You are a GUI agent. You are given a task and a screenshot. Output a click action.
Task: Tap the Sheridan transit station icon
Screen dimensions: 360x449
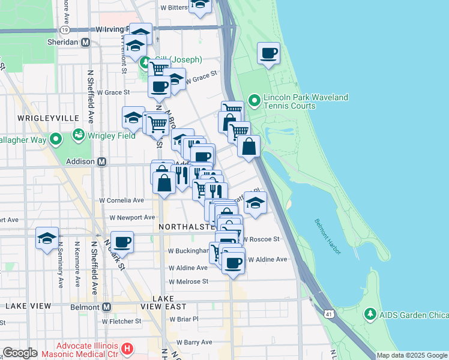click(85, 43)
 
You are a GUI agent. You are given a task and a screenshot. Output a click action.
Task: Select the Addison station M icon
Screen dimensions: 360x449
click(102, 161)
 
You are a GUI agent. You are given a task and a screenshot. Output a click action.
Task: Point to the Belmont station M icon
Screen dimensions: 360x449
click(107, 307)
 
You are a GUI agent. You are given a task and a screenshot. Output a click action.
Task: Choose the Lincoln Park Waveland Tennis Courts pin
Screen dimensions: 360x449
click(253, 100)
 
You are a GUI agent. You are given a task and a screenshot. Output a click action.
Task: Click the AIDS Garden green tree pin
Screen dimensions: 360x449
click(370, 314)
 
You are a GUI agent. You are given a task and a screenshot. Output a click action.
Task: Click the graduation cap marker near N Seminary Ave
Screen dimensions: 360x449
click(47, 238)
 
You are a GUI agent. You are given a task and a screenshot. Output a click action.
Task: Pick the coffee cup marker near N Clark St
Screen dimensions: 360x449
click(122, 242)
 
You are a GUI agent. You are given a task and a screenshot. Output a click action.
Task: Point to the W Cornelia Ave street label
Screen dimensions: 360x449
click(122, 200)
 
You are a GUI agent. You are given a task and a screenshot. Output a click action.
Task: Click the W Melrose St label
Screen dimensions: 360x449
click(188, 281)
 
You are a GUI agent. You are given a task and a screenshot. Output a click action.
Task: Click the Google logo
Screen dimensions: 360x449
click(20, 353)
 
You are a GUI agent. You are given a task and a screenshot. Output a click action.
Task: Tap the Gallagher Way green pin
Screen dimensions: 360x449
click(56, 140)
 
